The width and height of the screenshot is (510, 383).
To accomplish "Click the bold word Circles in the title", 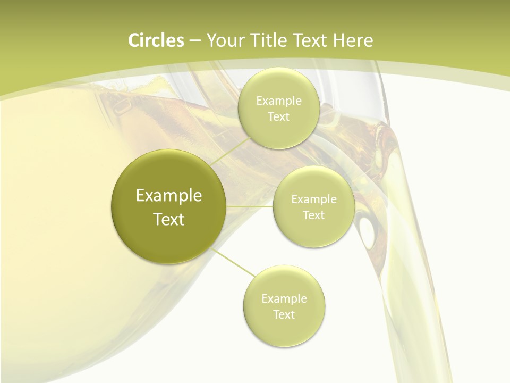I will [156, 40].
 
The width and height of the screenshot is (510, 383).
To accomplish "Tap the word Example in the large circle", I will [169, 196].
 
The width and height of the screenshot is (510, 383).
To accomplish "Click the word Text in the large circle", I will [169, 219].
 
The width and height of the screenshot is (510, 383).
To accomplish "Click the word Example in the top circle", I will [279, 101].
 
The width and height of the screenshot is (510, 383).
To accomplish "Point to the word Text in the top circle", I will [278, 117].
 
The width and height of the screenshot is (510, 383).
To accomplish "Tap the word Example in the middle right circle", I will [313, 199].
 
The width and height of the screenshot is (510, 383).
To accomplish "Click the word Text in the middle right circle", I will [313, 215].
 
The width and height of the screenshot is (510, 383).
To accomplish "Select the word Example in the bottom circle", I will [284, 299].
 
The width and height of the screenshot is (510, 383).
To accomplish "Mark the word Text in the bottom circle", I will [284, 315].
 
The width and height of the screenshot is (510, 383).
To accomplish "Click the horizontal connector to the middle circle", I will [250, 206].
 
